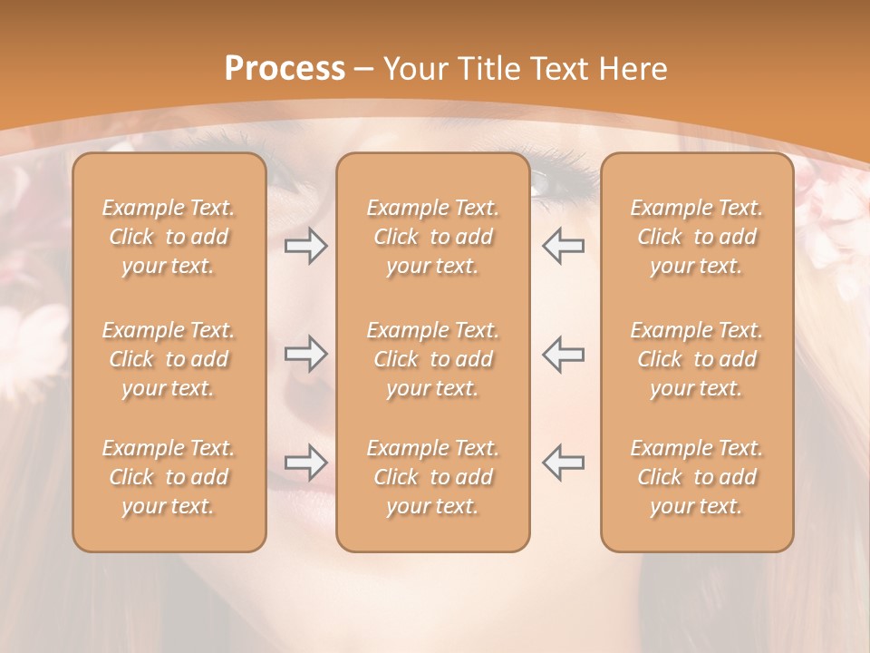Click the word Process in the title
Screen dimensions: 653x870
pos(285,69)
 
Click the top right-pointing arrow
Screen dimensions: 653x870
pos(305,246)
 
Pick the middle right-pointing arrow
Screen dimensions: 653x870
pos(305,354)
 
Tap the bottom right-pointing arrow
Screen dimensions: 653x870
pos(305,463)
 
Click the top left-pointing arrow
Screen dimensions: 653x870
pos(563,246)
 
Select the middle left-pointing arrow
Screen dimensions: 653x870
pos(563,354)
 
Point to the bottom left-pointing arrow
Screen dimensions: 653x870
pos(563,463)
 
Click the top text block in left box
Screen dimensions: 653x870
pos(169,237)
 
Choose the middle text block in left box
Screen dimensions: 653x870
pos(169,359)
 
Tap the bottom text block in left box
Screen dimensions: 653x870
pos(169,477)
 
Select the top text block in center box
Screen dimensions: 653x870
pos(432,237)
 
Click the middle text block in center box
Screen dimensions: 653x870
pos(432,359)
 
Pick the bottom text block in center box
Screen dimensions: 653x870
pos(432,477)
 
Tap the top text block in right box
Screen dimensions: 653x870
pos(696,237)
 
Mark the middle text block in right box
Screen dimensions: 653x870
pos(696,359)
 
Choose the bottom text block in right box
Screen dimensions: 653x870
pos(696,477)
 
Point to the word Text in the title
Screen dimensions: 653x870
pos(560,69)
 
